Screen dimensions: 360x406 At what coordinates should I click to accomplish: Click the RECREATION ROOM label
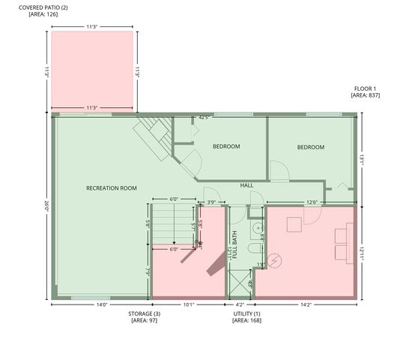coord(111,188)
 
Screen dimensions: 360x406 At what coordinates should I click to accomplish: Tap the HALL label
coord(247,184)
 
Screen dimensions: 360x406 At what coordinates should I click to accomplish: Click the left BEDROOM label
coord(225,146)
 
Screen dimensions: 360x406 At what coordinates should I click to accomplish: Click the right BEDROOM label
coord(310,147)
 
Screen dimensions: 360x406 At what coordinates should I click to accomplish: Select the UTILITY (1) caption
coord(246,313)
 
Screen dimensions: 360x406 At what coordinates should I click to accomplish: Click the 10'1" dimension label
coord(189,304)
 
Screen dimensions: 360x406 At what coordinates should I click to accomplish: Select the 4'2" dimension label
coord(239,304)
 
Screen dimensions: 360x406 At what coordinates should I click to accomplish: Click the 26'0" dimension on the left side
coord(46,207)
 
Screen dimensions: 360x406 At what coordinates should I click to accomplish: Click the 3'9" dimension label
coord(211,202)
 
